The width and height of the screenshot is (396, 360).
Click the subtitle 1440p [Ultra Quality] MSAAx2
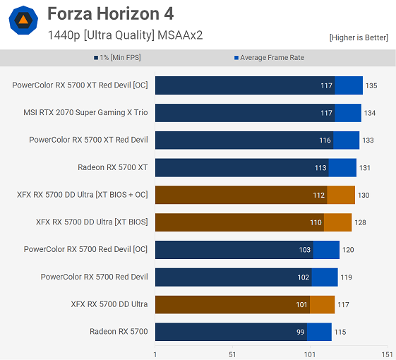pos(125,35)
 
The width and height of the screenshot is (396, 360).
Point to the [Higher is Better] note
pos(359,37)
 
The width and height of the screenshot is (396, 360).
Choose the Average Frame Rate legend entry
pos(268,58)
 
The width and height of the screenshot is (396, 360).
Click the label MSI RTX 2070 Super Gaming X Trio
pos(85,113)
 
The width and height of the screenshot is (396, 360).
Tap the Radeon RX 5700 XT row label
pos(113,167)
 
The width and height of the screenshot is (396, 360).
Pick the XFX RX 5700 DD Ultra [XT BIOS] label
pos(92,222)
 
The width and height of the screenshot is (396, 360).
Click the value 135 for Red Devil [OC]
pos(371,85)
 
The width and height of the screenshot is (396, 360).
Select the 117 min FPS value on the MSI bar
pos(326,113)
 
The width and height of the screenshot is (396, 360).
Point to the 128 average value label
pos(360,222)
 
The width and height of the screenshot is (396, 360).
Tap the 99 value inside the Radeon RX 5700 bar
pos(301,332)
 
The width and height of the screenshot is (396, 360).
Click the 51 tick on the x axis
pos(232,354)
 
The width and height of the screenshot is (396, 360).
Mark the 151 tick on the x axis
pos(386,354)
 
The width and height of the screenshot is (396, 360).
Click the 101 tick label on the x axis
pos(309,354)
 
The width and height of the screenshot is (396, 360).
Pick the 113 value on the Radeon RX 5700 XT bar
pos(321,167)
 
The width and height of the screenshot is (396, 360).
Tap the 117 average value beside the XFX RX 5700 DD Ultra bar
pos(343,304)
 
